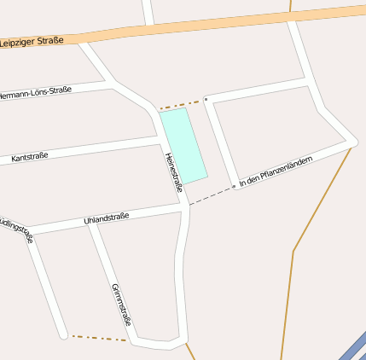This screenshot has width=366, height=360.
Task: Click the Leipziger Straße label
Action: [x=32, y=41]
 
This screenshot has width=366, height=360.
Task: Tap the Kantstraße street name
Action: [x=30, y=157]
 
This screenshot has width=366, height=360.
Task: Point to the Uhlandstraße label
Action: [x=107, y=219]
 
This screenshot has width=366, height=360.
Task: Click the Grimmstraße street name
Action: [x=120, y=304]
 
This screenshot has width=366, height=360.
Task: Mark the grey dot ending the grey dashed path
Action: [x=234, y=185]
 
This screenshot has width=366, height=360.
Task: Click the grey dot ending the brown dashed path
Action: [x=206, y=100]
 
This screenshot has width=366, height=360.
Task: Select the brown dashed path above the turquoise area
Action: [x=181, y=105]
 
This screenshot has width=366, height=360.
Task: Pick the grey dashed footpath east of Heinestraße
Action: [x=210, y=195]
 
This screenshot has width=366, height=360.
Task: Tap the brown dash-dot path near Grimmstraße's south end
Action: [x=98, y=339]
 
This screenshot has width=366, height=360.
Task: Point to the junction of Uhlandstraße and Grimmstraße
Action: [x=90, y=224]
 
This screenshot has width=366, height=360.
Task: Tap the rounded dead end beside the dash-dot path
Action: [x=63, y=335]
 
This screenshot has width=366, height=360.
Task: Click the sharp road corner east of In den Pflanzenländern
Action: [x=354, y=142]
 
